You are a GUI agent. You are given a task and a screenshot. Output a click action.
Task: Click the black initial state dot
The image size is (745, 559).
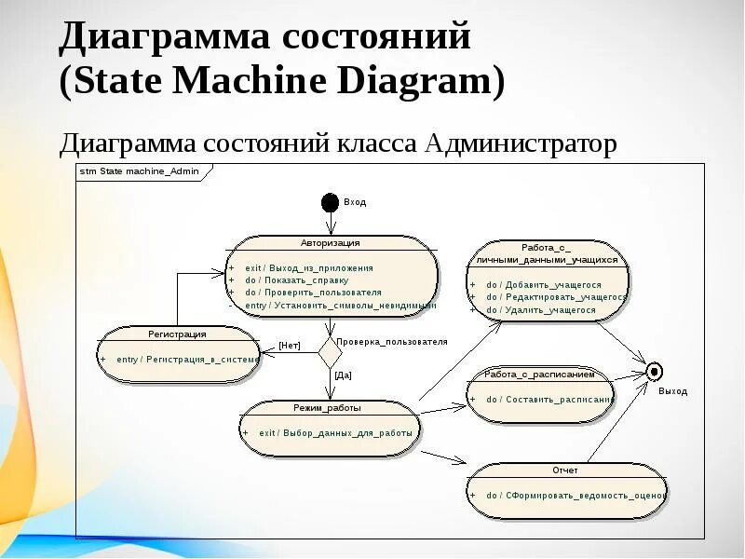[x=330, y=202]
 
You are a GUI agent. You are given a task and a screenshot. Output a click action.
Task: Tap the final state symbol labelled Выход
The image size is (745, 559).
[x=655, y=372]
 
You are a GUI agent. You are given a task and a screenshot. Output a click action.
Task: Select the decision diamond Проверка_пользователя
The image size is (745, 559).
[x=331, y=353]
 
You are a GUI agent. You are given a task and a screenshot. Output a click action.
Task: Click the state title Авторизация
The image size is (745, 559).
[x=330, y=242]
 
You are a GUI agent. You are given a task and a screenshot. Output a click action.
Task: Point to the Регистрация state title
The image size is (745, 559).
[x=177, y=333]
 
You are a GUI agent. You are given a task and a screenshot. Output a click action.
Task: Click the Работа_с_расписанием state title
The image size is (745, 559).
[x=539, y=374]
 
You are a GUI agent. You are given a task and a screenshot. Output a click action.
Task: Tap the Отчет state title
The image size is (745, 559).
[x=564, y=470]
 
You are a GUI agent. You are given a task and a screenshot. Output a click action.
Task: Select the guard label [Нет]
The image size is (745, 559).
[x=290, y=346]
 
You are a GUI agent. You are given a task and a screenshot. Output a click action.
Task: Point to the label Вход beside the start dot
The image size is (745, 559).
[x=355, y=201]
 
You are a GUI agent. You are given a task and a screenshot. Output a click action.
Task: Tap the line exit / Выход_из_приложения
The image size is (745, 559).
[x=309, y=267]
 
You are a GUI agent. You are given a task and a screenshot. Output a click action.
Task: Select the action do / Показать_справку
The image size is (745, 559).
[x=296, y=279]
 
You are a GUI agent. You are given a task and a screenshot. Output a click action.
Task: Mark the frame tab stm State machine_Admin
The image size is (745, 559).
[x=140, y=171]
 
